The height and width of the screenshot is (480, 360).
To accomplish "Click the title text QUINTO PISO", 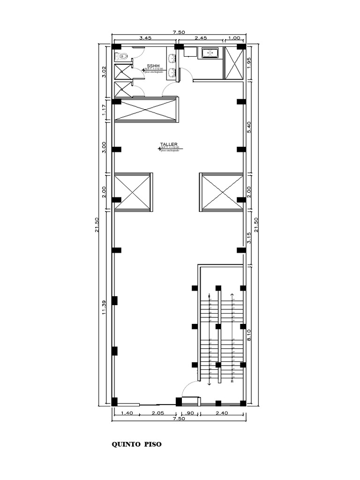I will [x=136, y=444].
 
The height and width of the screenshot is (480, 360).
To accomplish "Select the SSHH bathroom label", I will [x=153, y=66].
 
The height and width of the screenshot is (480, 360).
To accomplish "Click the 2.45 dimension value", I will [x=201, y=38].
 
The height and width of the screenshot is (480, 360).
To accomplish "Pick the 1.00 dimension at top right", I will [x=233, y=38].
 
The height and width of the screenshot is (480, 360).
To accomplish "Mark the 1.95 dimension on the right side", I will [x=249, y=63].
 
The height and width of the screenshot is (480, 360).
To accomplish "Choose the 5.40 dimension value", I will [x=249, y=127].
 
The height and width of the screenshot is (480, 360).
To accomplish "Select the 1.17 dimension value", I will [x=105, y=110].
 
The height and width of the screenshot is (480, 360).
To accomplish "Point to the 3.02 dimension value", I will [x=105, y=72].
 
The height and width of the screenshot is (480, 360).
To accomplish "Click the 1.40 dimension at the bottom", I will [x=127, y=413].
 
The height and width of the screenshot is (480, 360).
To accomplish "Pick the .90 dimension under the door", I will [x=190, y=413].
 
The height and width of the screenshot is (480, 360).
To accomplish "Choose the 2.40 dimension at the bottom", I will [x=222, y=413].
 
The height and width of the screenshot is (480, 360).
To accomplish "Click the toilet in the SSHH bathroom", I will [x=122, y=57].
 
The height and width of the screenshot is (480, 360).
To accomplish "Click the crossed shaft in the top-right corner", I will [x=233, y=63].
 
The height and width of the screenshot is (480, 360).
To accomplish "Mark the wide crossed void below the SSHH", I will [x=146, y=110].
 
